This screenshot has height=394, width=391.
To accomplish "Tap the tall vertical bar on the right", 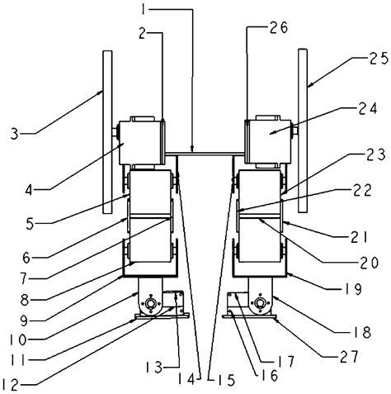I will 302,130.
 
